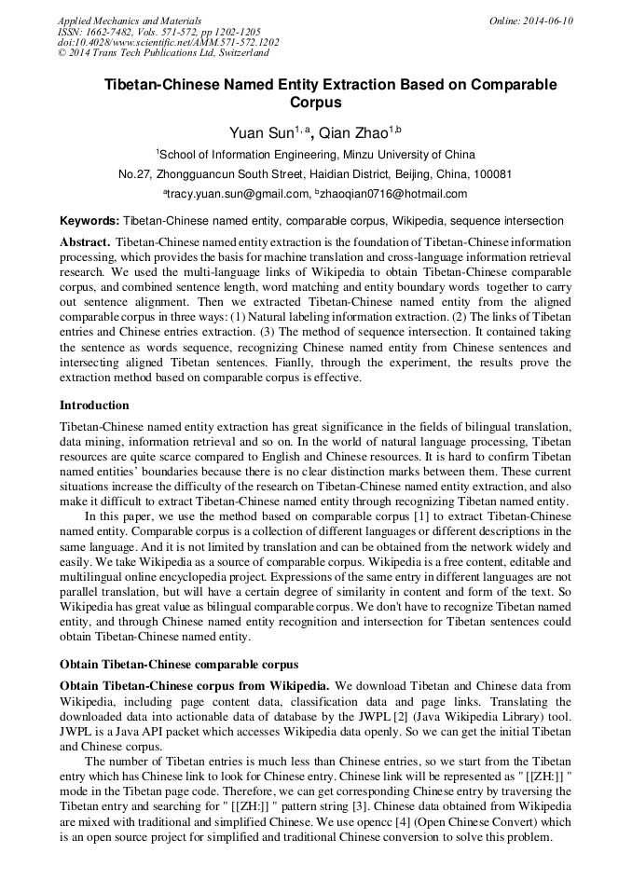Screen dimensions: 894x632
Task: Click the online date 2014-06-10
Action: [548, 21]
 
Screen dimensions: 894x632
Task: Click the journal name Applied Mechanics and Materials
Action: [130, 21]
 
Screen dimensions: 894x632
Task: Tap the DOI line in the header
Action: [168, 43]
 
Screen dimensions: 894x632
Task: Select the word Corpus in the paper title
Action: [316, 103]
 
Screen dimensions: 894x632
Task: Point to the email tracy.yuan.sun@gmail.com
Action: [238, 194]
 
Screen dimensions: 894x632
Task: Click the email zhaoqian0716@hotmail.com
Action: [395, 194]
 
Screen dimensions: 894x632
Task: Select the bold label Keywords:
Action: [89, 222]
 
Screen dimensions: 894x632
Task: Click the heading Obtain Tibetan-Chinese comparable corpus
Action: [179, 665]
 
